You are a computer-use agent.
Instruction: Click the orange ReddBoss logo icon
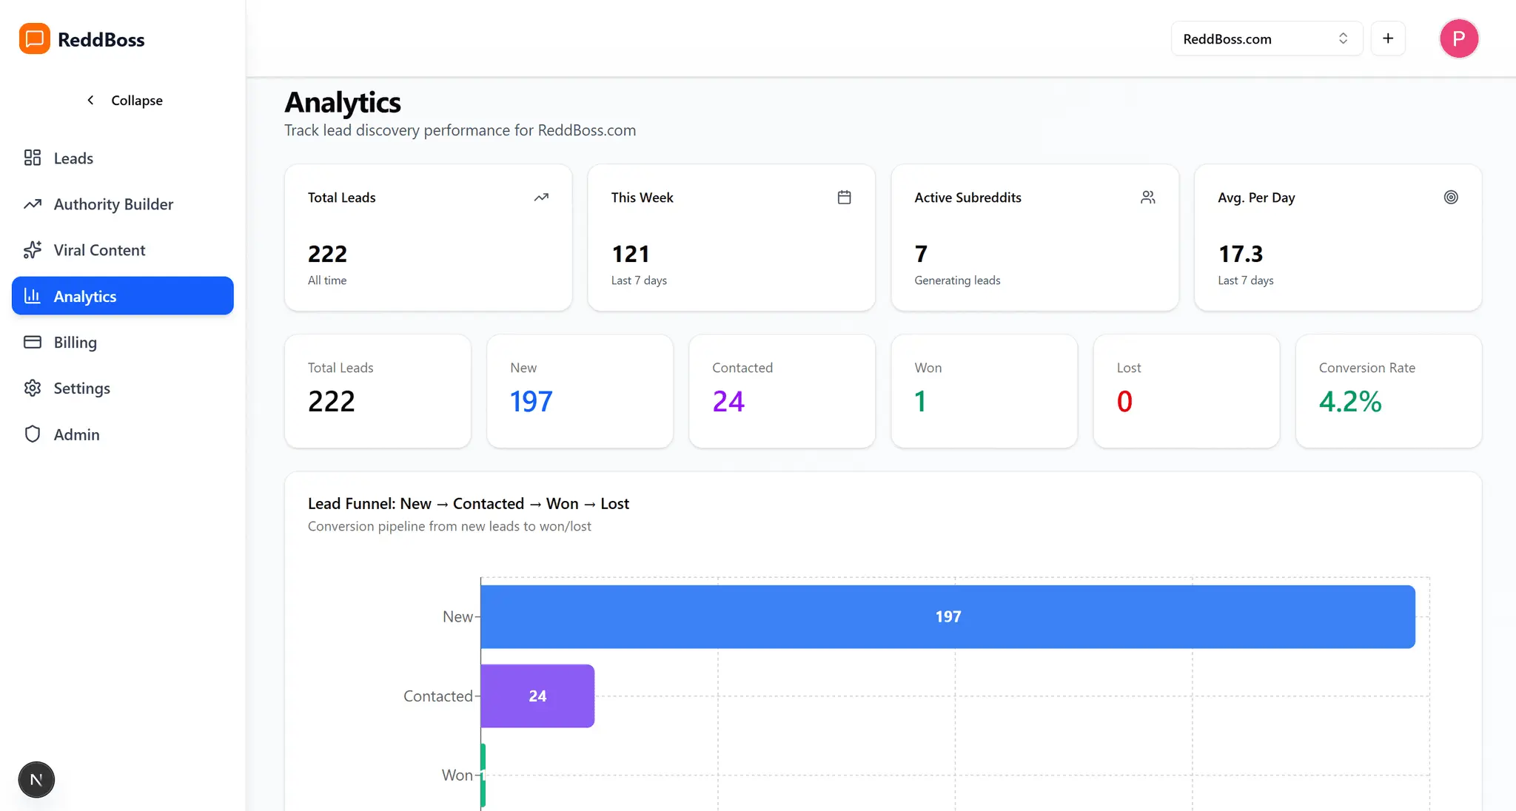point(35,38)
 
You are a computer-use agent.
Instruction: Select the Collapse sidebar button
point(124,100)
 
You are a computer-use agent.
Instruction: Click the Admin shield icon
point(33,434)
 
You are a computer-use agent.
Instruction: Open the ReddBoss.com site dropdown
point(1267,38)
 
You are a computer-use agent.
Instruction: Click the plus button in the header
point(1388,38)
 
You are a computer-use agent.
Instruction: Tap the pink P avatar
point(1459,38)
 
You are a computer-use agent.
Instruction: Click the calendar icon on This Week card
point(844,197)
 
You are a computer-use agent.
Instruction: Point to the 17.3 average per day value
point(1241,254)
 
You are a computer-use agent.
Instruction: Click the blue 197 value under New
point(531,401)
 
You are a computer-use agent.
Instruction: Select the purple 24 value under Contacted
point(728,401)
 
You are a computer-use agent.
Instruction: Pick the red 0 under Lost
point(1124,401)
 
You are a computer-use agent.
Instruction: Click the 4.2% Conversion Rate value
point(1350,401)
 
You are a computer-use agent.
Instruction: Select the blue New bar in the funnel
point(947,616)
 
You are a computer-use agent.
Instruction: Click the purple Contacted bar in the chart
point(537,696)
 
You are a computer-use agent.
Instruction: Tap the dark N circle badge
point(36,779)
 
